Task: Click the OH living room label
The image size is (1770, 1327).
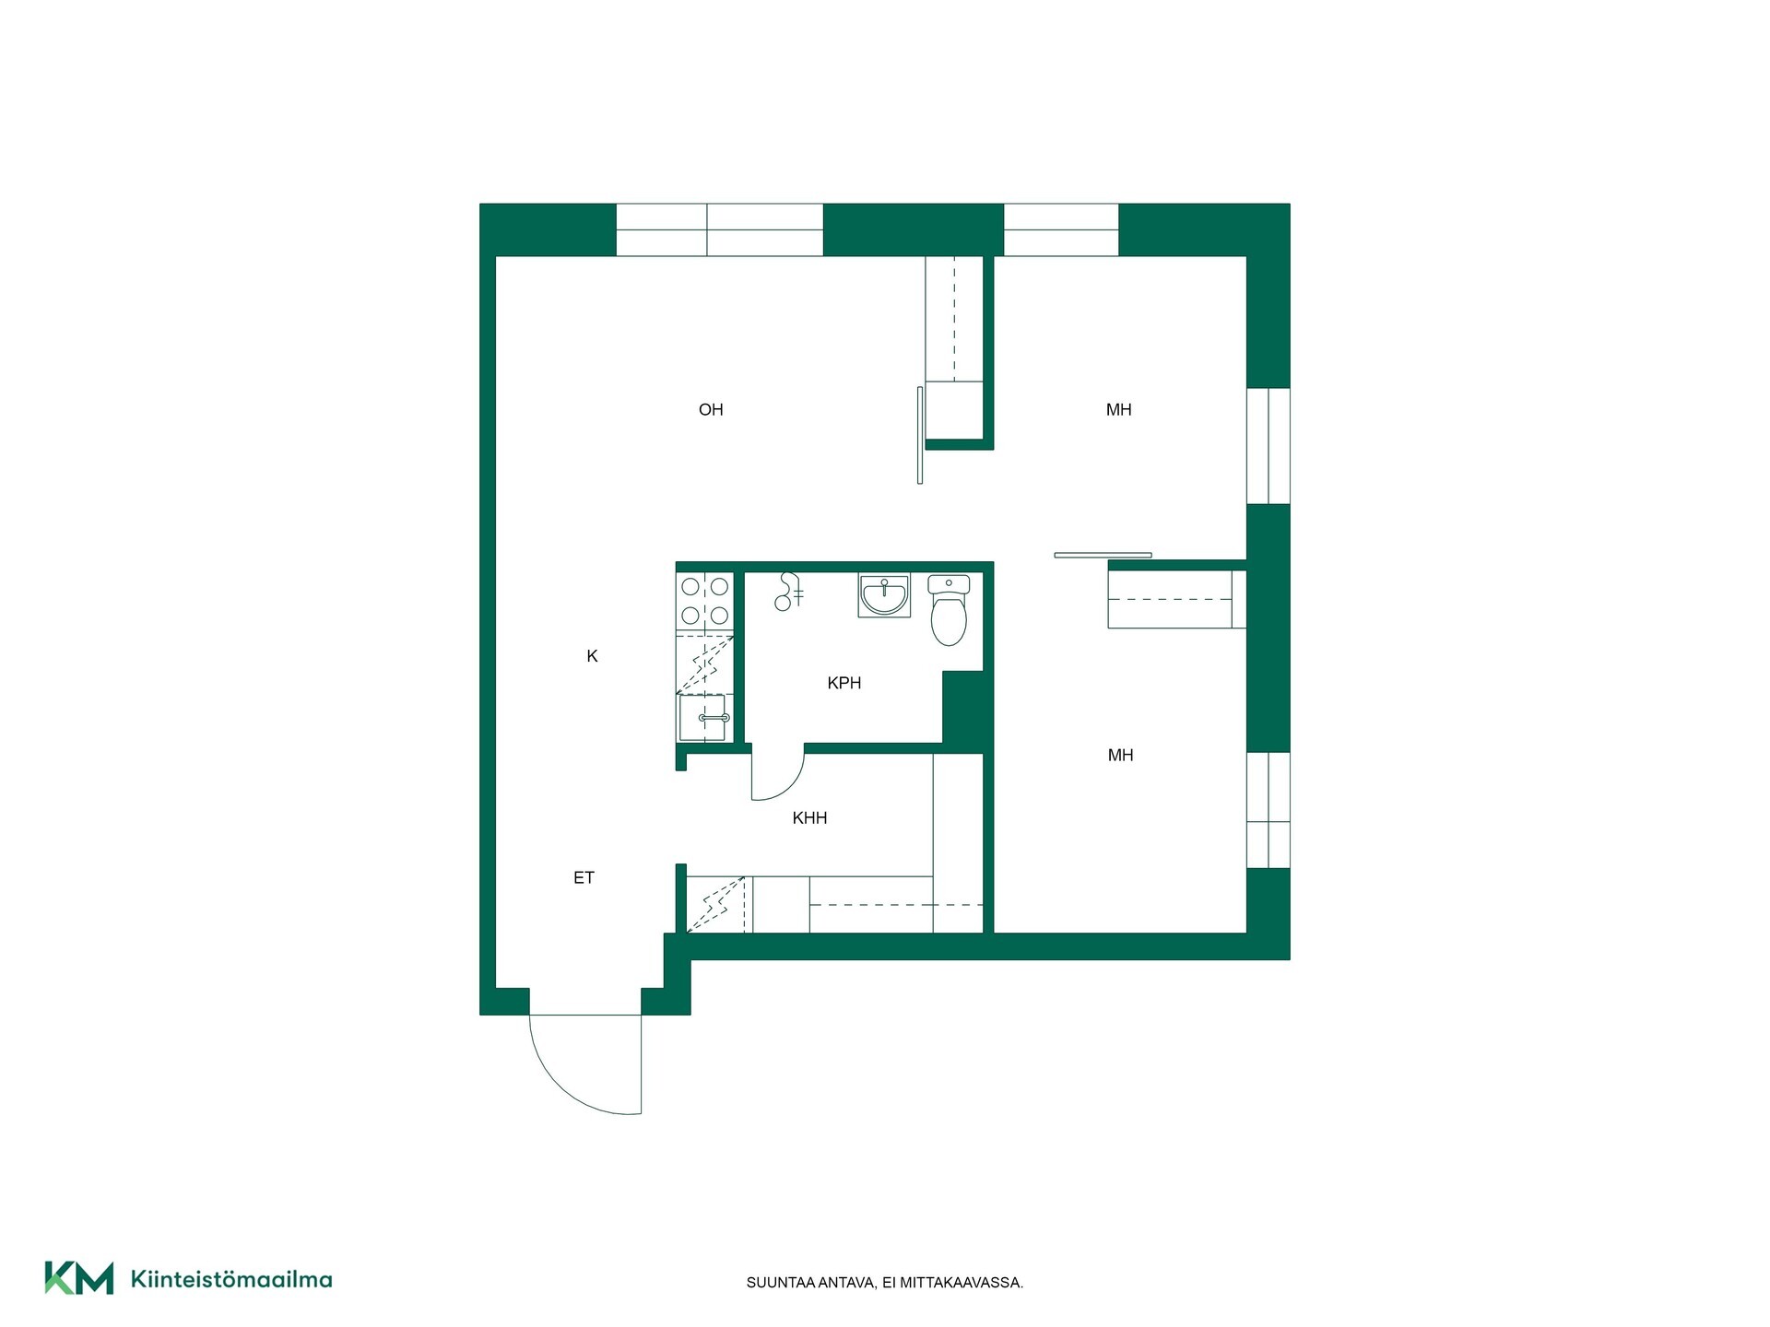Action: pos(711,410)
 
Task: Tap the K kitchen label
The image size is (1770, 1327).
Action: pos(592,656)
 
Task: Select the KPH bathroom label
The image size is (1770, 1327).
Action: pos(844,683)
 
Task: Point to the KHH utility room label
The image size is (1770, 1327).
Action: pos(809,817)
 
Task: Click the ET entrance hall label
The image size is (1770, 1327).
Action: pos(584,877)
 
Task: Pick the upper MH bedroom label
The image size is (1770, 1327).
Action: pos(1118,410)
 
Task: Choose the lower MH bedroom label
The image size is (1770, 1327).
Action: pos(1120,756)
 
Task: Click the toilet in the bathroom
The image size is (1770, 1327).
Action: pos(949,610)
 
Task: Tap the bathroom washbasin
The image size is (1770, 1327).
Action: pos(884,594)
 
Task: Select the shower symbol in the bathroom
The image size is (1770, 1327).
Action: pos(788,592)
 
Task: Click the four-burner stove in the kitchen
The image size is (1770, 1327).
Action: pos(705,601)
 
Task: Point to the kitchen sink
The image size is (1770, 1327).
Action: pos(704,718)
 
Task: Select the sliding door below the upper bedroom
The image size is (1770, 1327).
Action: pos(1103,555)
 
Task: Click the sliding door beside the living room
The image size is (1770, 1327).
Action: pos(920,435)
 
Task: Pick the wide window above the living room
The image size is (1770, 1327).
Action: pos(719,229)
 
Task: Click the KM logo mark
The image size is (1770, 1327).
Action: pos(79,1278)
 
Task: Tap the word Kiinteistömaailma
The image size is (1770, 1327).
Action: pos(231,1279)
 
